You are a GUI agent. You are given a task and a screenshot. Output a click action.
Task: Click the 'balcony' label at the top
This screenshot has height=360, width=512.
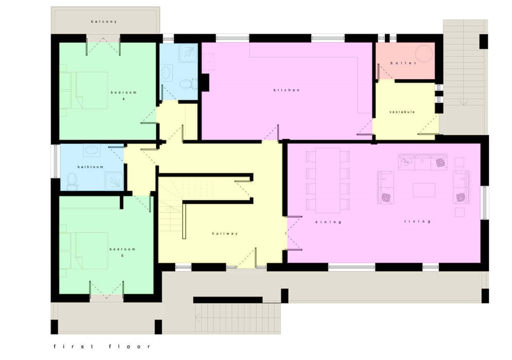(104, 22)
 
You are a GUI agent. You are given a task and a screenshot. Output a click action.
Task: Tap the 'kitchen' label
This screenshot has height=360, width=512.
(286, 90)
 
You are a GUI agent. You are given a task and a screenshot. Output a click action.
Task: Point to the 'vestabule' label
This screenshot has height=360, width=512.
(402, 112)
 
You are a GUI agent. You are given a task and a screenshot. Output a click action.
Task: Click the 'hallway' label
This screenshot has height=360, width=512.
(225, 234)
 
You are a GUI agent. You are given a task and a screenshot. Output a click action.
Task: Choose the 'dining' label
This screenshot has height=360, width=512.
(328, 222)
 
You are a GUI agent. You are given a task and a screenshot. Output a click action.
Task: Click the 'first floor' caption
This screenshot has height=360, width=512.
(102, 346)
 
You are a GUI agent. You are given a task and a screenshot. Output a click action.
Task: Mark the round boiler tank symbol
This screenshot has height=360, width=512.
(424, 53)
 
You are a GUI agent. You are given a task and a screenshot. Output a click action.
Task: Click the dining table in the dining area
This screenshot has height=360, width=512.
(328, 180)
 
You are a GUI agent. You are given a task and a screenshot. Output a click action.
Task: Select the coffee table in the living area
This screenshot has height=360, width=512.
(424, 190)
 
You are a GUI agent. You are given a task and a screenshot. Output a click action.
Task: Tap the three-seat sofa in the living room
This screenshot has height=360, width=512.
(422, 162)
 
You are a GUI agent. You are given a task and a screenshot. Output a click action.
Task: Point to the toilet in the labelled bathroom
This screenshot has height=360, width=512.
(72, 182)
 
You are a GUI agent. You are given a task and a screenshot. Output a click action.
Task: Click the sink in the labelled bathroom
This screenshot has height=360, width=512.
(92, 151)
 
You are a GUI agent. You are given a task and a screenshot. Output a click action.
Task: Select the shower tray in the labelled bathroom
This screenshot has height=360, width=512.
(114, 181)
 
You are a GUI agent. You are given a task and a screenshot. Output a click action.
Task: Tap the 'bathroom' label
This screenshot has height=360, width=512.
(90, 167)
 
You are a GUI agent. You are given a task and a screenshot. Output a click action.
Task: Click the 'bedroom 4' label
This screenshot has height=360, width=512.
(124, 95)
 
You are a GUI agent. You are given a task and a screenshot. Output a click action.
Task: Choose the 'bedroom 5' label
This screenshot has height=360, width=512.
(122, 252)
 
